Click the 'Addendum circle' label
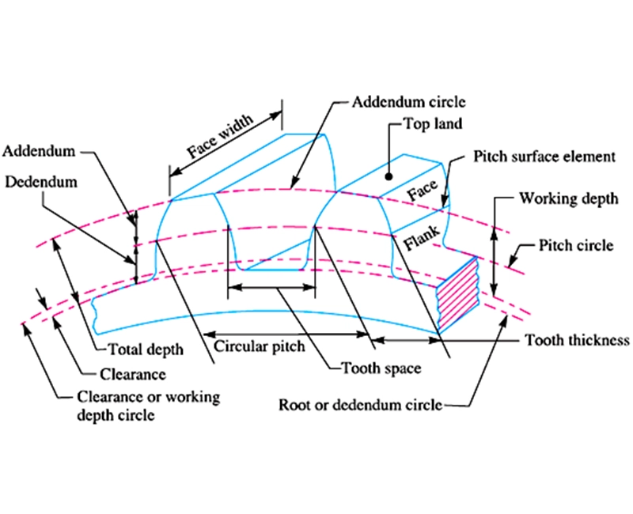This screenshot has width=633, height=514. click(409, 103)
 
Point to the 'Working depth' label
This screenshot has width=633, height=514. click(567, 198)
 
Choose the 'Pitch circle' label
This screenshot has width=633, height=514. click(574, 245)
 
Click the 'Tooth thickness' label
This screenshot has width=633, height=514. click(577, 340)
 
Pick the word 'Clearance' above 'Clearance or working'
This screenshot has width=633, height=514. click(132, 374)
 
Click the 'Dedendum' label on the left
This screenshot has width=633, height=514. click(41, 181)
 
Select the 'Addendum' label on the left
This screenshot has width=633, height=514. click(39, 149)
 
